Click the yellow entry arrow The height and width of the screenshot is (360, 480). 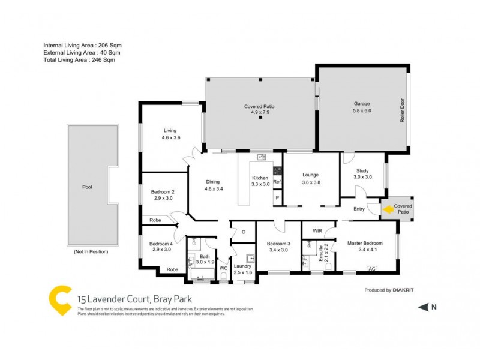tap(388, 209)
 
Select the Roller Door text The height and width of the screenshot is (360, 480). tap(403, 111)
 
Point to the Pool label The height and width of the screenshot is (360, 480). tap(87, 187)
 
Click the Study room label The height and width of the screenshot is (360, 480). tap(362, 173)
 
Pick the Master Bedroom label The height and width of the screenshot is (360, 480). tap(365, 242)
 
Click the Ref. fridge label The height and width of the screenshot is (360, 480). tap(277, 182)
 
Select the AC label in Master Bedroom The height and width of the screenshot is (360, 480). tap(371, 268)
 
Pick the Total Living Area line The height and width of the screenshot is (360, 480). tap(79, 60)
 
